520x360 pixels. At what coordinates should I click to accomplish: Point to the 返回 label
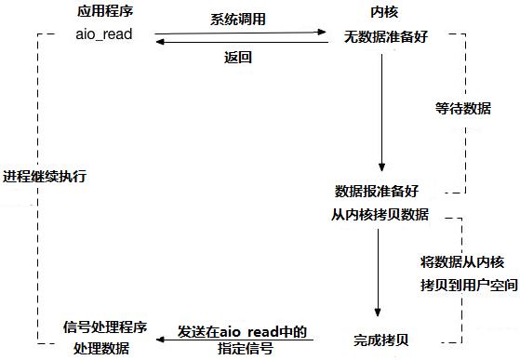coord(238,57)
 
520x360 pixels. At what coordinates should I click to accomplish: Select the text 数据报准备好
coord(377,191)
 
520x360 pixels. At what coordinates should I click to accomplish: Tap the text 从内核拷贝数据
coord(380,214)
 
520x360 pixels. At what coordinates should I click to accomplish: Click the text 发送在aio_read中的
coord(242,331)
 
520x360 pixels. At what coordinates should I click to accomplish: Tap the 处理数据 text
coord(101,348)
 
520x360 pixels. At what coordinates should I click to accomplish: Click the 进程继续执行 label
coord(45,177)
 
